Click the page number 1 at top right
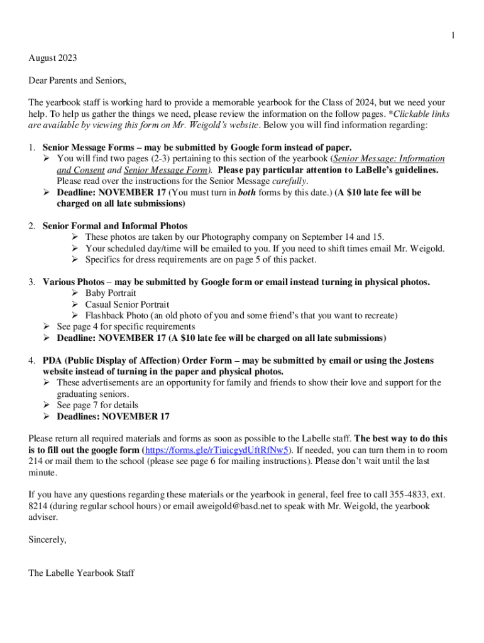click(453, 36)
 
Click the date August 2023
click(53, 58)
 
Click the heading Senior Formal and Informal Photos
click(115, 226)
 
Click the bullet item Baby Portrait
click(111, 293)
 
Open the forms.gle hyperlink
click(217, 450)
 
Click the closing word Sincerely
click(47, 539)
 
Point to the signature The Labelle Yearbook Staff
click(81, 573)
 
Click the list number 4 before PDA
click(31, 361)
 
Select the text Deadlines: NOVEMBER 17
click(113, 416)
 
